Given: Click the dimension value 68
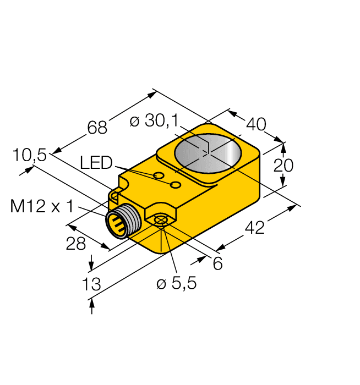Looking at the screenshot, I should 97,127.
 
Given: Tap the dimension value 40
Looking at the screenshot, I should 255,124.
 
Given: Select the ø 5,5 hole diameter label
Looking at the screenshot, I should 176,284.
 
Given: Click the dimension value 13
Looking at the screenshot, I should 91,284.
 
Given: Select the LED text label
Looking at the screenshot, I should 96,163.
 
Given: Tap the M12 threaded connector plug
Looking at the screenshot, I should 119,222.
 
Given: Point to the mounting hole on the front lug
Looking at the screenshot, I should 160,221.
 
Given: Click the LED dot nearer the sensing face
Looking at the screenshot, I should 176,184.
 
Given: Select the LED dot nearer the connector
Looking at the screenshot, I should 159,176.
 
